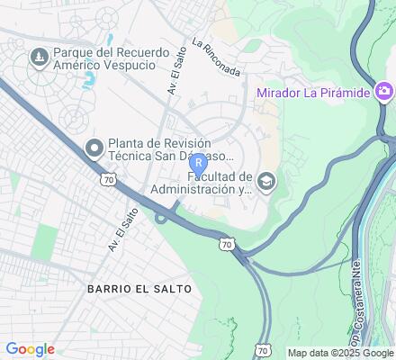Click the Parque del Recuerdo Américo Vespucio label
(x=110, y=64)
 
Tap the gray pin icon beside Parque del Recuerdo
(x=40, y=58)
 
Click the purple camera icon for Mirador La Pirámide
(x=384, y=92)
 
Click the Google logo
(x=30, y=349)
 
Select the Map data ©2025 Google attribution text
(x=340, y=352)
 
